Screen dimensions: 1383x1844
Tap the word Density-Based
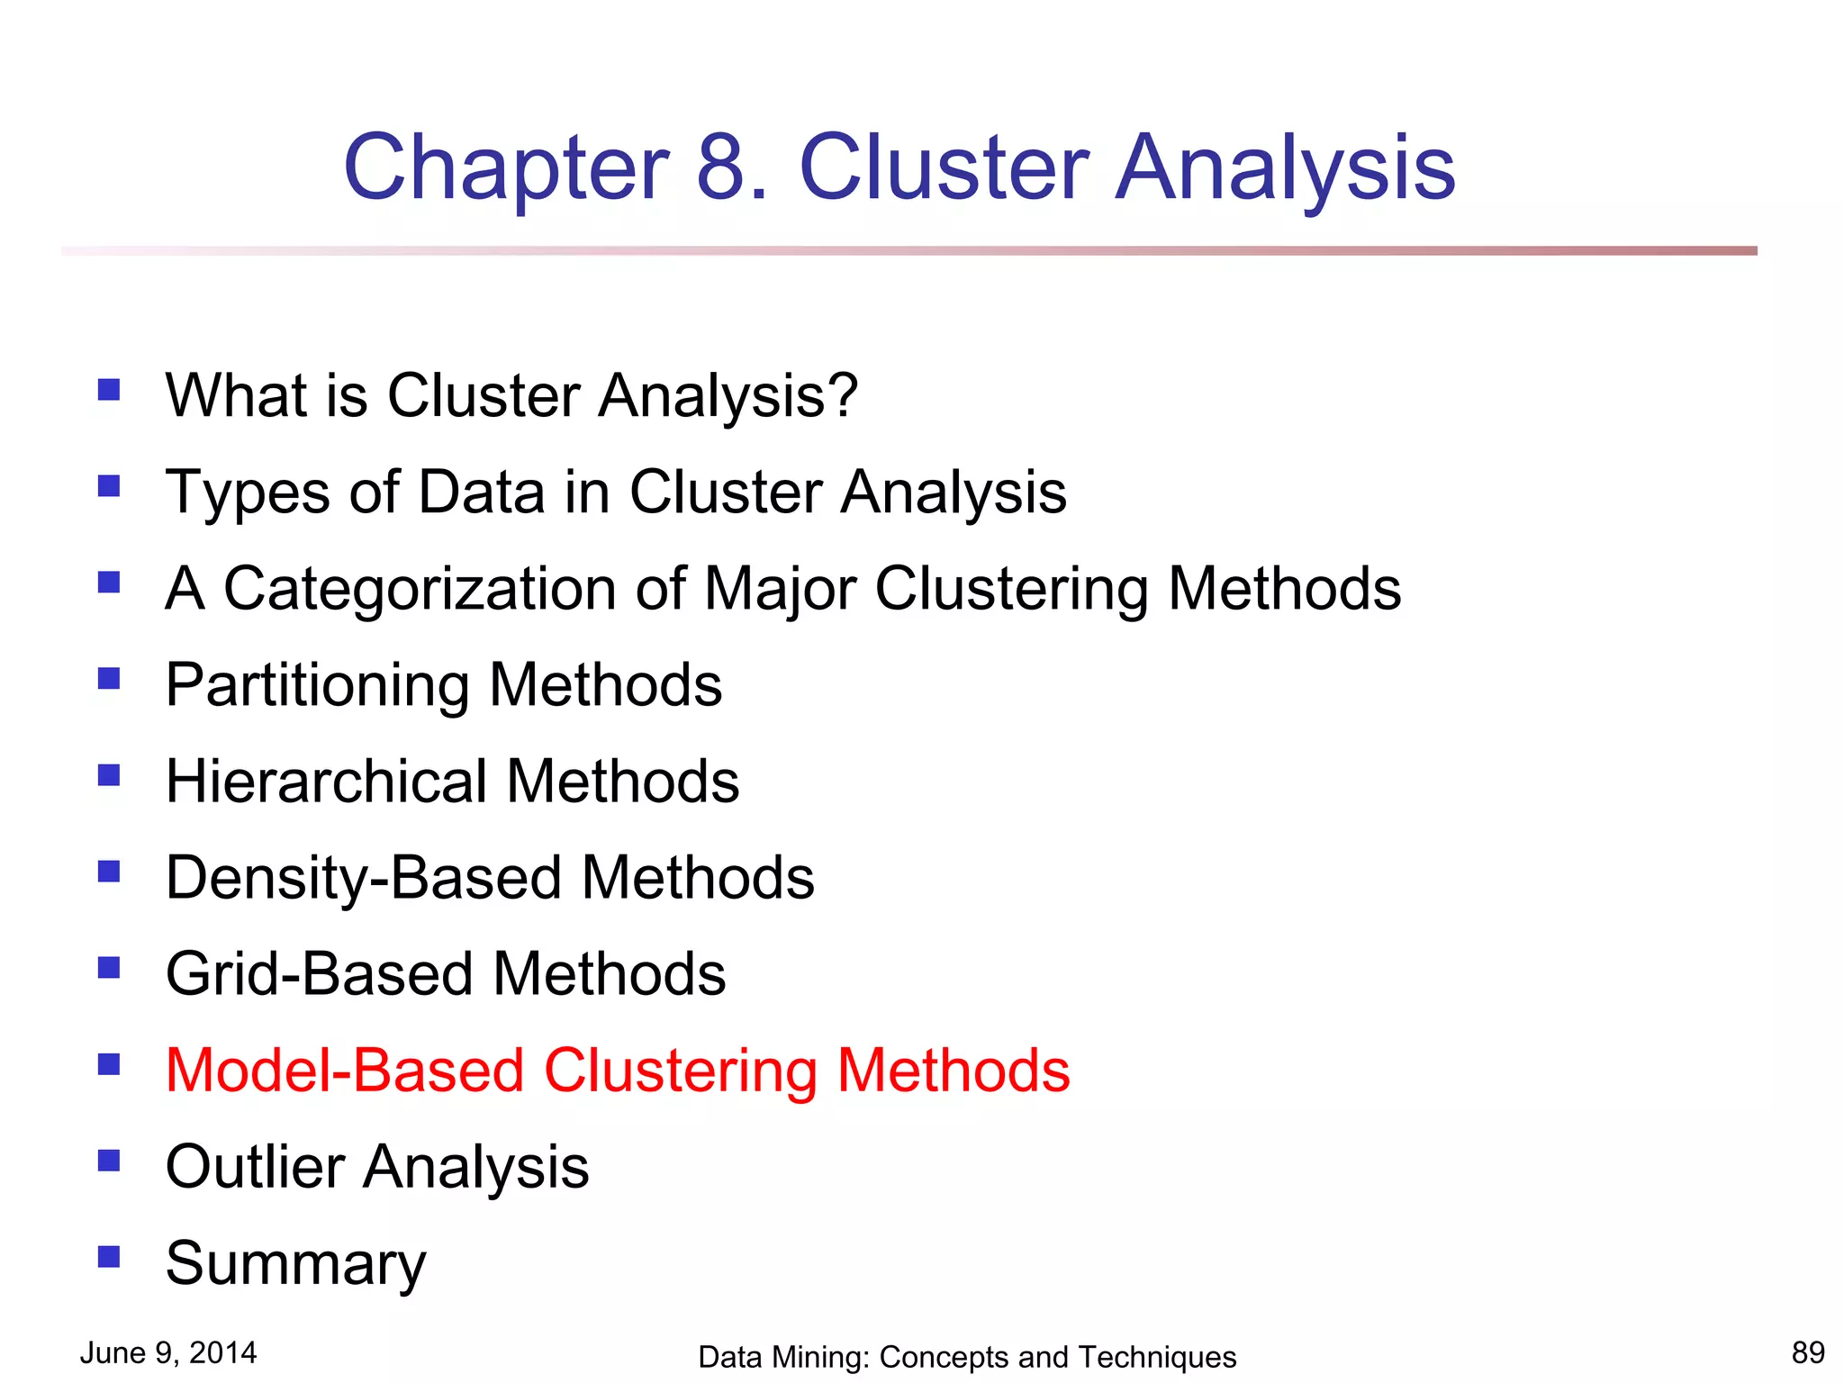coord(364,879)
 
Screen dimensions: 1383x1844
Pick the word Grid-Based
coord(321,974)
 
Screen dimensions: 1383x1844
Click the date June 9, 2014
coord(168,1352)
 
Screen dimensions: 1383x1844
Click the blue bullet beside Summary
coord(109,1256)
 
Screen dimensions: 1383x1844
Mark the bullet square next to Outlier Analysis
coord(109,1161)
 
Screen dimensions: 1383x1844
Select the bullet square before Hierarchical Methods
coord(109,775)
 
